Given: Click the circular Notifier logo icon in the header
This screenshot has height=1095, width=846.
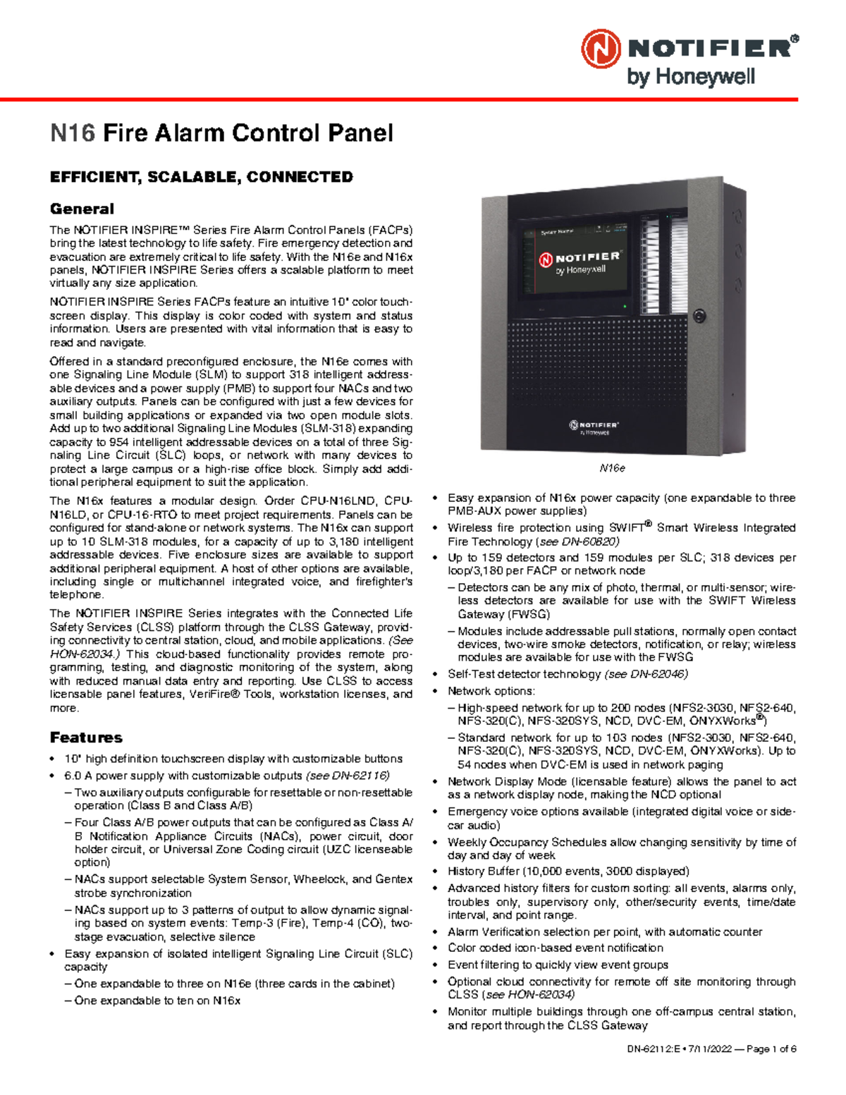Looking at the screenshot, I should (x=601, y=49).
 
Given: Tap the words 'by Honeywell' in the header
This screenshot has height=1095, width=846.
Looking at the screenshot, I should (x=690, y=77).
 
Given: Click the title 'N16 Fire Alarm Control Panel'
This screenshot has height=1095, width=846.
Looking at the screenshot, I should (x=221, y=133).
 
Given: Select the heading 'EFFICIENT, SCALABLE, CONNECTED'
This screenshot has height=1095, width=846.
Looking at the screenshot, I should (x=201, y=177).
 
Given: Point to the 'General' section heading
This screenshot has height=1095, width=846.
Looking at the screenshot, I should (x=82, y=209).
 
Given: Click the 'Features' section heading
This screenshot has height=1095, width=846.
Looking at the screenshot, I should (x=86, y=738).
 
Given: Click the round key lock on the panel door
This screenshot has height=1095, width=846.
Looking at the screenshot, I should (x=699, y=315).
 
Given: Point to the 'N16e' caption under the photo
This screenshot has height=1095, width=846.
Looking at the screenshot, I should (x=612, y=468).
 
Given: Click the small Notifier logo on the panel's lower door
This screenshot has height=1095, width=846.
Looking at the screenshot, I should (x=594, y=427).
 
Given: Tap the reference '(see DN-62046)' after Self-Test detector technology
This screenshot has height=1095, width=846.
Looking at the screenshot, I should (x=646, y=674).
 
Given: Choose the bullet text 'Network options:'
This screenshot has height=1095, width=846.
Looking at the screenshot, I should (x=491, y=691).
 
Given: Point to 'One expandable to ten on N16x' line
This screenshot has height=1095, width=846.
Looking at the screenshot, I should (x=157, y=1001).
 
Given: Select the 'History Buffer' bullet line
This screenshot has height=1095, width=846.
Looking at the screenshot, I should (x=568, y=871).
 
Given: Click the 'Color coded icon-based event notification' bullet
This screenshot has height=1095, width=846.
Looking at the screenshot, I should (x=556, y=948).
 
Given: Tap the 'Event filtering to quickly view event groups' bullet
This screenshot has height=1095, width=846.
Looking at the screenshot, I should (x=558, y=965).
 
